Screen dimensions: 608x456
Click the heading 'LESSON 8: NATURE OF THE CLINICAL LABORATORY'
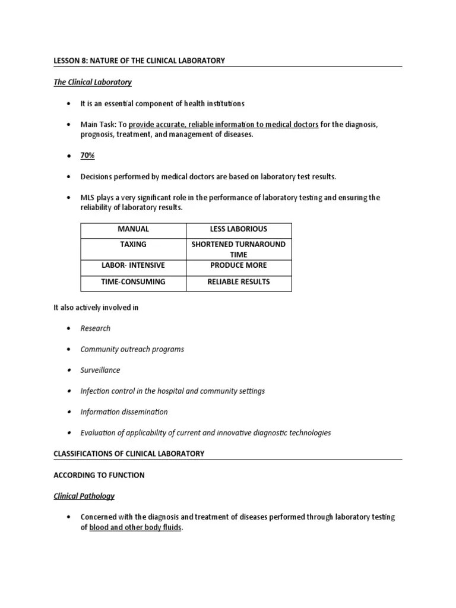tap(139, 61)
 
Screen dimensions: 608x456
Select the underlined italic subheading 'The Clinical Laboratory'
tap(93, 82)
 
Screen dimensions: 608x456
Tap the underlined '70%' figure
tap(88, 156)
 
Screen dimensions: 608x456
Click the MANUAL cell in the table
tap(133, 229)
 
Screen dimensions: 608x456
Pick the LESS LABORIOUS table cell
tap(239, 229)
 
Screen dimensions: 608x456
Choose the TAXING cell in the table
tap(133, 244)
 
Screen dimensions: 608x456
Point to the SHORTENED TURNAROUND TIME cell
tap(239, 249)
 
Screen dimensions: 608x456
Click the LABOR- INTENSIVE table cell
tap(133, 265)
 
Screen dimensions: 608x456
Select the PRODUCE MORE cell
tap(239, 265)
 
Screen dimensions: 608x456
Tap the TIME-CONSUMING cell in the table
tap(133, 282)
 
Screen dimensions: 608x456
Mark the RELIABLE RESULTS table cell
tap(239, 282)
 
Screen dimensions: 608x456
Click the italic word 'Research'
tap(96, 328)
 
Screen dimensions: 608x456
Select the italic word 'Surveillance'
tap(100, 370)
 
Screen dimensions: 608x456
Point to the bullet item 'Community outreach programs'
tap(132, 349)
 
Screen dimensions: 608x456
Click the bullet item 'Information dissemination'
tap(124, 411)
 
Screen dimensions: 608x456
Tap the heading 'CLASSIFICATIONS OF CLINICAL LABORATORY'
tap(129, 454)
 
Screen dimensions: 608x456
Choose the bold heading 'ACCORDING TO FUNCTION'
tap(99, 475)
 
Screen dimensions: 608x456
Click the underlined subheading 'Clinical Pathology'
tap(84, 496)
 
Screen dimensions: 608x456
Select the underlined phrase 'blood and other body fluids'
tap(135, 527)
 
